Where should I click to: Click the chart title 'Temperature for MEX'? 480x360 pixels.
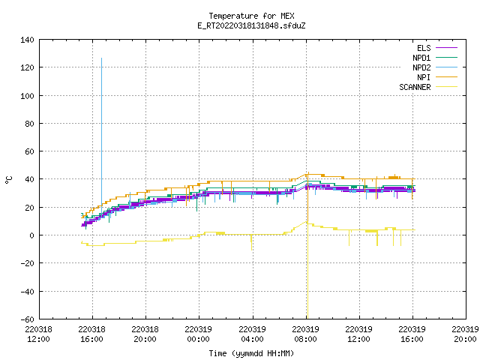(251, 16)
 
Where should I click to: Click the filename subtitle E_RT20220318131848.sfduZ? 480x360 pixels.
(251, 25)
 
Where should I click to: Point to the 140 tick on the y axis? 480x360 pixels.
(27, 40)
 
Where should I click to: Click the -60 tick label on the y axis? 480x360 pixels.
(27, 319)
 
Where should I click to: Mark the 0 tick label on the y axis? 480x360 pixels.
(31, 235)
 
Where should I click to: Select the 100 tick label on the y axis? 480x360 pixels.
(27, 96)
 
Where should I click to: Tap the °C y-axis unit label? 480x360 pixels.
(9, 180)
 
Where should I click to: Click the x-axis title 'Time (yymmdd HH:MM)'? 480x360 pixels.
(251, 353)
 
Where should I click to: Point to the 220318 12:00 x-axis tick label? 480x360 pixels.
(38, 334)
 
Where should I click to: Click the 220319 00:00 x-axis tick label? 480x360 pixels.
(198, 334)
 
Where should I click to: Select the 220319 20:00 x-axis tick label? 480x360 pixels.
(465, 334)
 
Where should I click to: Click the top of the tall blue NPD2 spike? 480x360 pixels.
(102, 58)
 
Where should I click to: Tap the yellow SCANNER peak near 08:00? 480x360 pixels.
(306, 222)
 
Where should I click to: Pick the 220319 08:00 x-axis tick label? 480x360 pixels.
(305, 334)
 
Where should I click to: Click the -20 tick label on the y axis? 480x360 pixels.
(27, 263)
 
